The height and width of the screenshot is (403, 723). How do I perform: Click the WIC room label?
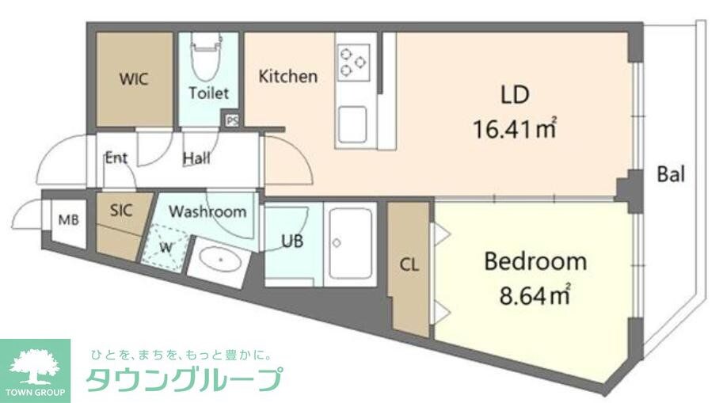tap(134, 79)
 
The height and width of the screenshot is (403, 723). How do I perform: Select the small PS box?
tap(232, 121)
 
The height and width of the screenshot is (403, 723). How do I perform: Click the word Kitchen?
tap(288, 77)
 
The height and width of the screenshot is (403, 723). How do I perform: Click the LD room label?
tap(514, 95)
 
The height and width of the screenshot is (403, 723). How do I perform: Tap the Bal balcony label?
tap(670, 175)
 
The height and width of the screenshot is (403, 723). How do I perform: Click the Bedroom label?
tap(535, 261)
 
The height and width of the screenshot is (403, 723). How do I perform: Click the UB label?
tap(292, 241)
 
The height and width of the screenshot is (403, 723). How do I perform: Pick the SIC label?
tap(120, 211)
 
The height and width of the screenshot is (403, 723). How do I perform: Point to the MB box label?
tap(68, 220)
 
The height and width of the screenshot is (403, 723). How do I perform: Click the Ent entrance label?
tap(116, 158)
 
